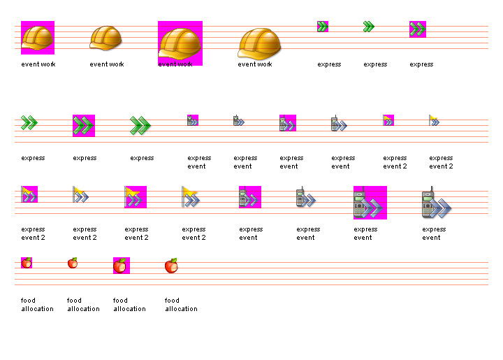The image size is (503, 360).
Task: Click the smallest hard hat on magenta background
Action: click(x=38, y=38)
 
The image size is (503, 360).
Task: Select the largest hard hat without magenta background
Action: click(x=260, y=44)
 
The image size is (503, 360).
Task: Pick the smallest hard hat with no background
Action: click(x=106, y=38)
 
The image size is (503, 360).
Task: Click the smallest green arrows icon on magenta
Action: click(x=323, y=27)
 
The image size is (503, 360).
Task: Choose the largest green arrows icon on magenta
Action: click(x=84, y=126)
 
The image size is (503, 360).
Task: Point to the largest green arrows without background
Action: click(x=140, y=126)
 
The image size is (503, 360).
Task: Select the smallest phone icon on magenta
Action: click(x=193, y=120)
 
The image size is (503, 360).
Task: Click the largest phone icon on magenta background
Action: click(x=370, y=203)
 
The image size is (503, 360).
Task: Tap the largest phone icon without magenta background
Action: click(x=436, y=203)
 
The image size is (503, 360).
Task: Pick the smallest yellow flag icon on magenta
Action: click(x=388, y=120)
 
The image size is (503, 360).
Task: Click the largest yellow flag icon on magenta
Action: click(x=136, y=197)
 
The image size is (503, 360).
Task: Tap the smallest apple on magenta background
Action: click(x=27, y=263)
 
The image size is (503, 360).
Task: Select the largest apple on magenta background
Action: click(x=122, y=266)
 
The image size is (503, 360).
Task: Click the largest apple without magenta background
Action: click(x=172, y=266)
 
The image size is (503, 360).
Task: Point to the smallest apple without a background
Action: click(x=73, y=263)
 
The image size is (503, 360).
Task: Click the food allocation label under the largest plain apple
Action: click(x=181, y=305)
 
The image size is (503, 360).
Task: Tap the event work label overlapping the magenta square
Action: click(x=175, y=64)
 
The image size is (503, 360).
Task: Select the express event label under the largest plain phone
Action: click(x=433, y=233)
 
